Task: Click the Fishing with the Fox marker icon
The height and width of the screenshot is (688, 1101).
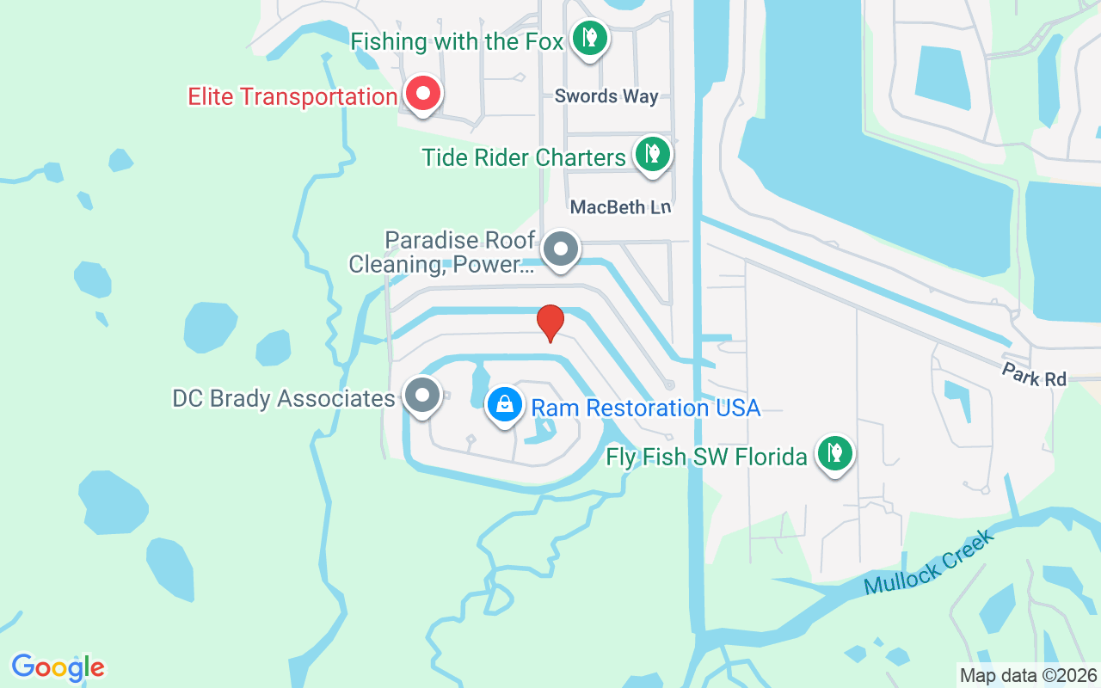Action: point(589,38)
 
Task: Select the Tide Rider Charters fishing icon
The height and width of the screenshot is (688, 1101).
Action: point(653,154)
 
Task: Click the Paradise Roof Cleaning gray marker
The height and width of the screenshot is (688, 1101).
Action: point(561,249)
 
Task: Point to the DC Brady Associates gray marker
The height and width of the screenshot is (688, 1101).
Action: point(421,396)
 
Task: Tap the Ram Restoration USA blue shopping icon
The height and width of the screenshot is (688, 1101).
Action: point(505,403)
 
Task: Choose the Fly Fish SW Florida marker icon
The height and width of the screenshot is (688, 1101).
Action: point(833,452)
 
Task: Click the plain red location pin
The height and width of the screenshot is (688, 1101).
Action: point(550,322)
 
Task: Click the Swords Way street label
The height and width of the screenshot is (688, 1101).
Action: point(606,96)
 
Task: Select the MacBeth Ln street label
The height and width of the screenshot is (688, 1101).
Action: point(620,207)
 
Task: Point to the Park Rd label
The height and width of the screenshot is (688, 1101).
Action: point(1033,374)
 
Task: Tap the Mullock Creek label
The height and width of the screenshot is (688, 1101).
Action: point(929,562)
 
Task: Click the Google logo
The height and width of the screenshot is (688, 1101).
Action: point(58,667)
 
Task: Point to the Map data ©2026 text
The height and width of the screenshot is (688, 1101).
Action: point(1028,675)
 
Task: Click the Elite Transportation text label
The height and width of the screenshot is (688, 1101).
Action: point(292,96)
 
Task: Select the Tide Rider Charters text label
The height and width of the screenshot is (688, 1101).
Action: point(524,157)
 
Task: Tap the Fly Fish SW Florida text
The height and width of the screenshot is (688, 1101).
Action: point(706,456)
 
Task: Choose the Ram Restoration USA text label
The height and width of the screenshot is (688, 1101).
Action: point(646,407)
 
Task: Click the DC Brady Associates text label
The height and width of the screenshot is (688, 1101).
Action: point(284,398)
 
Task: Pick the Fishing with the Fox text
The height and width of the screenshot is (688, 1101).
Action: point(457,41)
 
